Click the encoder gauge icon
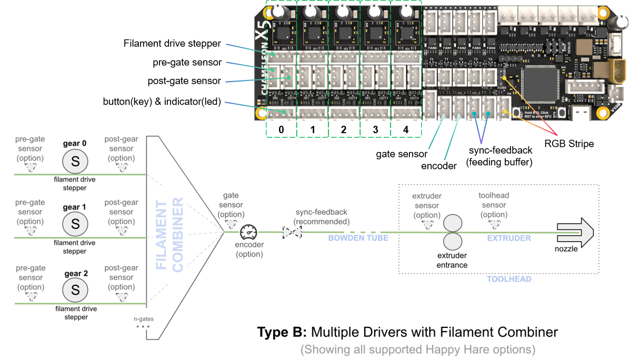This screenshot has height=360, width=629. [249, 233]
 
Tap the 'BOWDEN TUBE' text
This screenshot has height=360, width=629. [358, 238]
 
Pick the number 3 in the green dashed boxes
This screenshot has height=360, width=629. [376, 129]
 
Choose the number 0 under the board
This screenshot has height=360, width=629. [282, 129]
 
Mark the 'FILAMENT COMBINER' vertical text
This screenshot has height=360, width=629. [169, 234]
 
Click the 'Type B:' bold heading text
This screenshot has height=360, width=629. [281, 333]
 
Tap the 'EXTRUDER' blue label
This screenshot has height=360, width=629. [508, 238]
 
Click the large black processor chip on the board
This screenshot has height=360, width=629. [542, 85]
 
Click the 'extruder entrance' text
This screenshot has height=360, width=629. [452, 260]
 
